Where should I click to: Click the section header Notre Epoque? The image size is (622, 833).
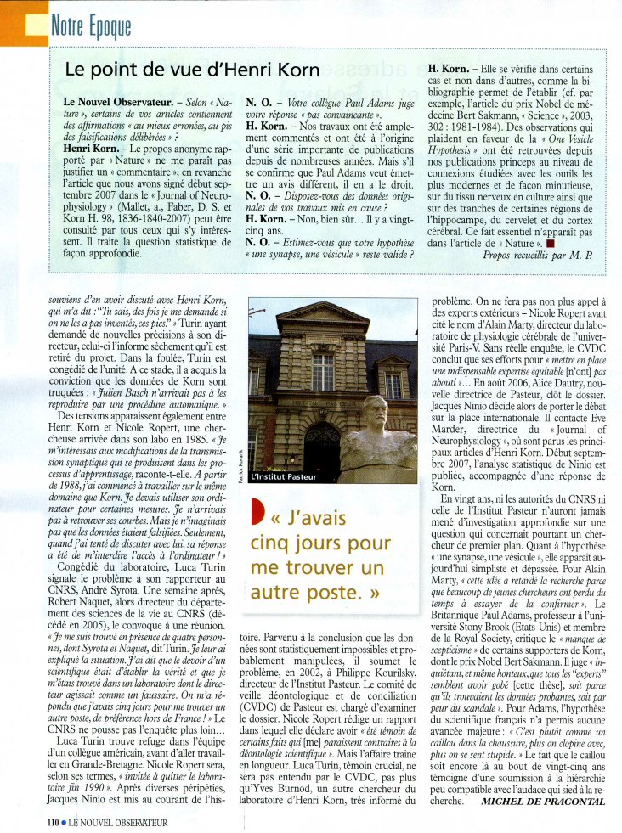[x=91, y=25]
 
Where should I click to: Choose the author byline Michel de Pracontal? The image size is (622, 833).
[x=542, y=801]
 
